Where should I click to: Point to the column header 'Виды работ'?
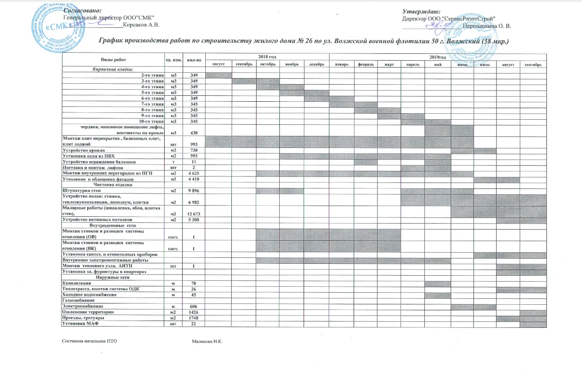[114, 59]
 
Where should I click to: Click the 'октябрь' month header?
[267, 64]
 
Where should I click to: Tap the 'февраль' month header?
[366, 64]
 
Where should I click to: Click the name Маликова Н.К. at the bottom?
[208, 342]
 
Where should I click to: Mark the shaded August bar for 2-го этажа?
[219, 76]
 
